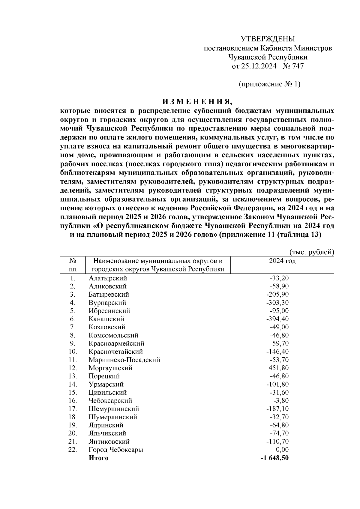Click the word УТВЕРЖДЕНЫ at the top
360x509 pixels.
point(268,39)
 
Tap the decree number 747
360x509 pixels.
point(297,66)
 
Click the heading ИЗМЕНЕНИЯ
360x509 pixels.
point(197,101)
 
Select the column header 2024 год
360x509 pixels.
point(282,261)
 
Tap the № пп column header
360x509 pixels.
point(72,265)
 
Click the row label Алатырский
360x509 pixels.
point(108,278)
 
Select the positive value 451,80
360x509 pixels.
point(279,368)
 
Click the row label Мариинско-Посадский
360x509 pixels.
point(124,360)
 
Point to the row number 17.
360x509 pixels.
point(72,409)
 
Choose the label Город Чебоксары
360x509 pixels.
point(116,449)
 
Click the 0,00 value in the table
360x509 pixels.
point(282,449)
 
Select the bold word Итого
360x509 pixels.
point(98,458)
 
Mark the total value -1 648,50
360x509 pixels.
point(274,458)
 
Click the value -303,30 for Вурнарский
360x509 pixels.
point(277,302)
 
